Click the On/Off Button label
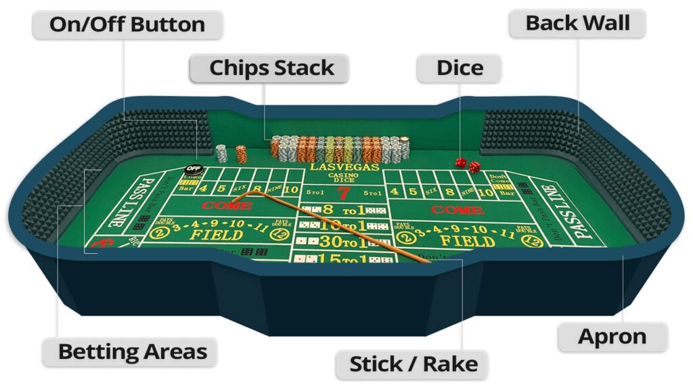[127, 25]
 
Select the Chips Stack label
[271, 68]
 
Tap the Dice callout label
[460, 68]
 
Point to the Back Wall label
[577, 23]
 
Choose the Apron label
[612, 337]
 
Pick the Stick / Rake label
[413, 364]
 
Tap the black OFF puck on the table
[194, 169]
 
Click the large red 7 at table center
[344, 193]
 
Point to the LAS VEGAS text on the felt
[344, 167]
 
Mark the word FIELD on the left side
[216, 235]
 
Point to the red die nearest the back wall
[460, 162]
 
